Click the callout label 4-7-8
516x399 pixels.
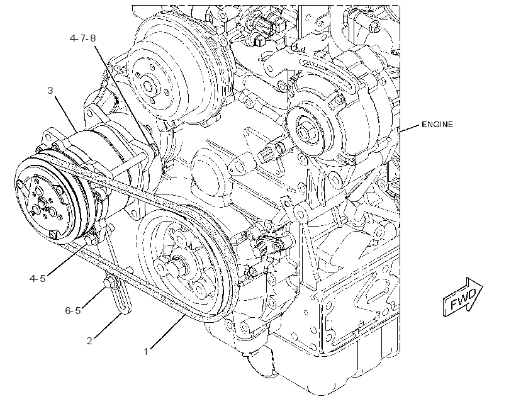click(x=82, y=38)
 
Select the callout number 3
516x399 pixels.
click(x=50, y=90)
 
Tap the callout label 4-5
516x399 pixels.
click(x=37, y=279)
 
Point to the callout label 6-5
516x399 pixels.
click(x=73, y=310)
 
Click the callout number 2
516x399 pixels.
click(x=89, y=340)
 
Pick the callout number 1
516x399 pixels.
click(x=146, y=352)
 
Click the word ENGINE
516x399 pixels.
click(x=437, y=125)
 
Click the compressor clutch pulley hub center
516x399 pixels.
click(x=42, y=205)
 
